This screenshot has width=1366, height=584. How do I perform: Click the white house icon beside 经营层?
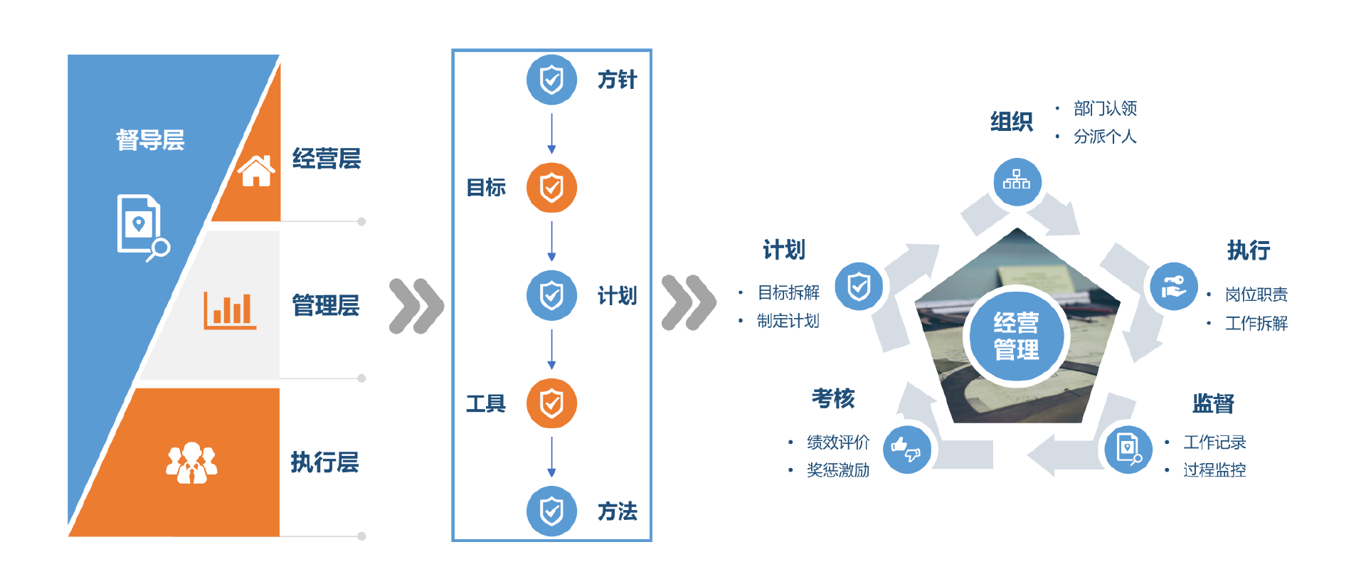(256, 171)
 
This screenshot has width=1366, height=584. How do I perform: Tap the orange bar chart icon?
(230, 310)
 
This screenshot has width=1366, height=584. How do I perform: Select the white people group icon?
(191, 462)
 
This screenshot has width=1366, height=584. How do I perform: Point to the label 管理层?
(326, 306)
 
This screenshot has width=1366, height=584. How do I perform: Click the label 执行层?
(324, 462)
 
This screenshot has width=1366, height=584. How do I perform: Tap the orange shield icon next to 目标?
(551, 188)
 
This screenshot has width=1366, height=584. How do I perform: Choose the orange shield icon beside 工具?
(551, 404)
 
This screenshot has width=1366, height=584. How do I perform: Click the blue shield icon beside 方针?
(551, 80)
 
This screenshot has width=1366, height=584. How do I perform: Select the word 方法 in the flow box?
(617, 511)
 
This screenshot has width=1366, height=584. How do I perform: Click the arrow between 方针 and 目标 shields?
(551, 134)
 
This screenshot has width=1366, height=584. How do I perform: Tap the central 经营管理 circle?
(1016, 336)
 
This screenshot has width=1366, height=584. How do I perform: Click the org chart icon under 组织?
(1017, 181)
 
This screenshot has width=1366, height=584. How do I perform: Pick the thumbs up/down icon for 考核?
(906, 450)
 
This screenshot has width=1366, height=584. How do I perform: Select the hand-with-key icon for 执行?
(1173, 287)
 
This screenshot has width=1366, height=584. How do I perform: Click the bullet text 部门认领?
(1105, 108)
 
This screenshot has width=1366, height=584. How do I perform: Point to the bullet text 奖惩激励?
(838, 470)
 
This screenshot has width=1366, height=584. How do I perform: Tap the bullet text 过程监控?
(1214, 470)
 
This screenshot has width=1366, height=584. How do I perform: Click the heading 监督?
(1213, 403)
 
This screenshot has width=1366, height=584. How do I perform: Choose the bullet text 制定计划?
(788, 321)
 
